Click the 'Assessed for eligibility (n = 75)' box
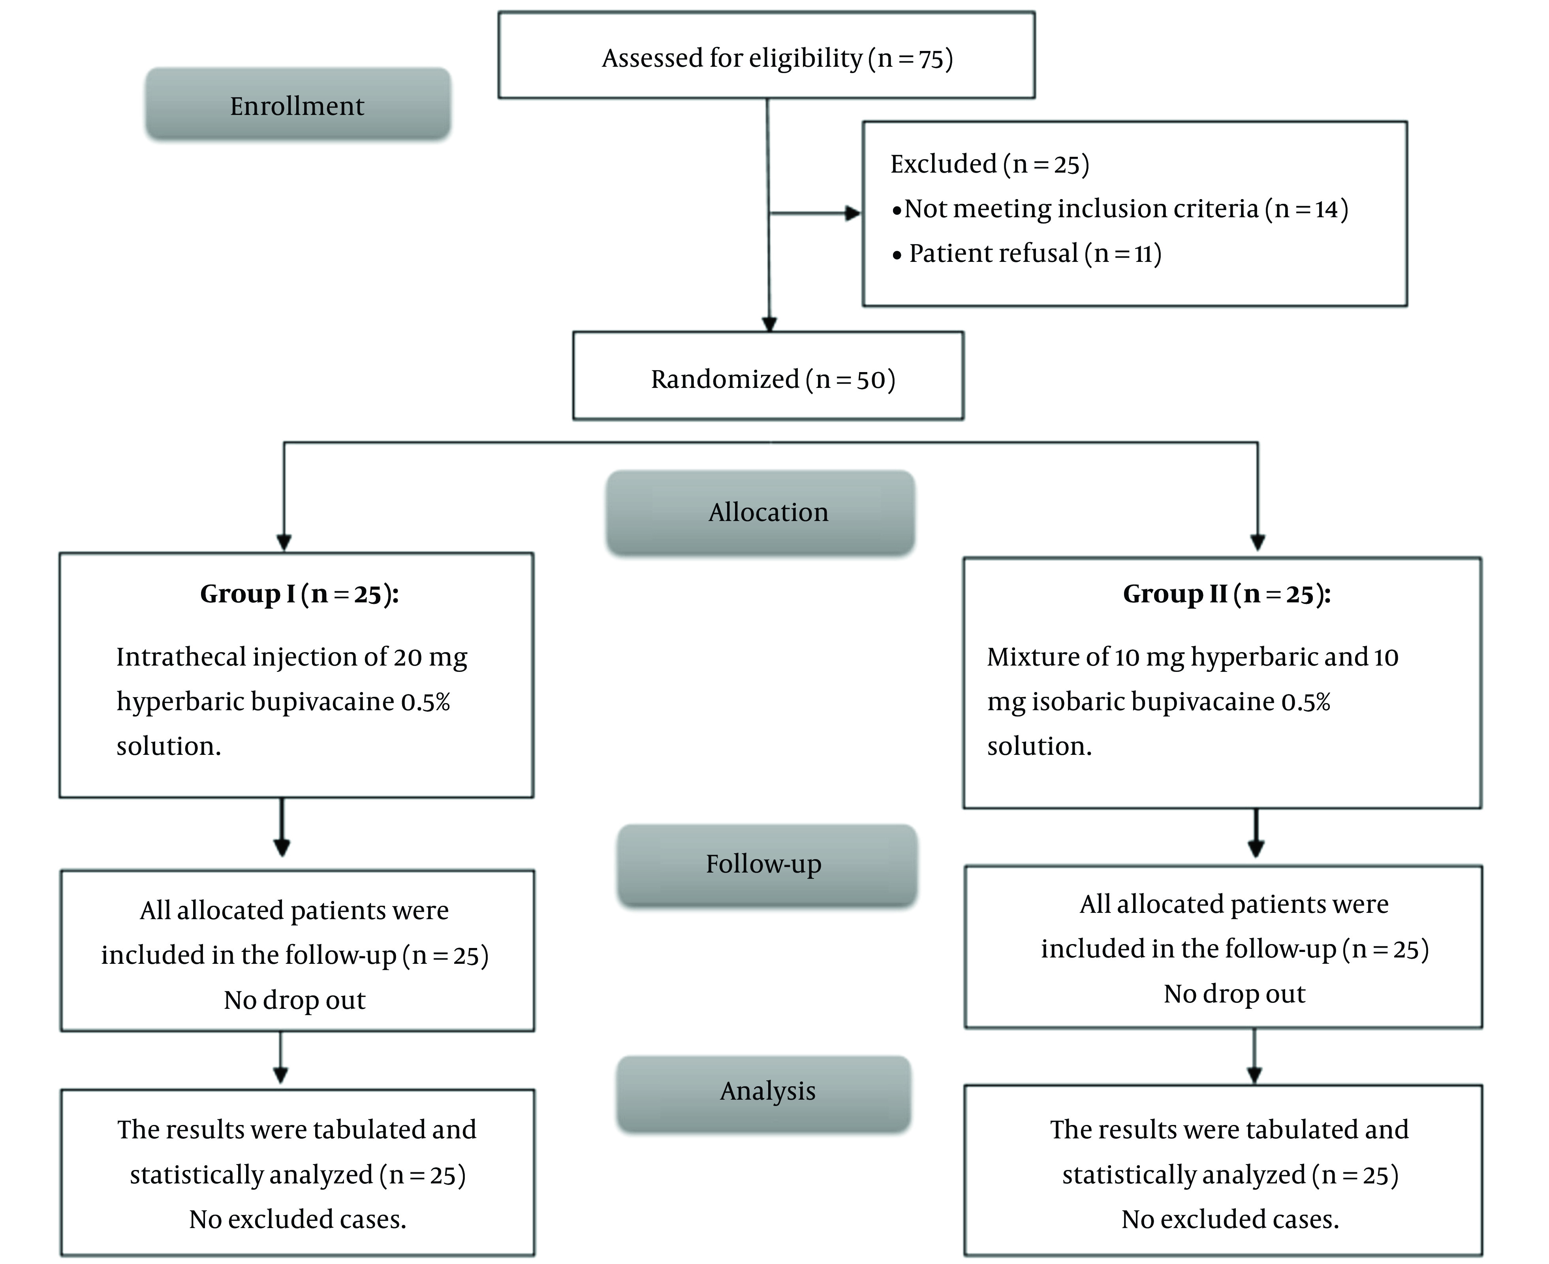tap(767, 55)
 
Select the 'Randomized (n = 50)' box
tap(769, 376)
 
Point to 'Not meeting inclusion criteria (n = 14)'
tap(1120, 209)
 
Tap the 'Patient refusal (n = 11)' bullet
tap(1027, 253)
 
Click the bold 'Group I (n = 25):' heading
tap(299, 594)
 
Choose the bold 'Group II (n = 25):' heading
tap(1227, 594)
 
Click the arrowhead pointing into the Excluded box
tap(852, 213)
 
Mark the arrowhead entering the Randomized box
tap(769, 325)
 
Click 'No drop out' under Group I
tap(295, 1000)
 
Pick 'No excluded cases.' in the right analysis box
tap(1230, 1219)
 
